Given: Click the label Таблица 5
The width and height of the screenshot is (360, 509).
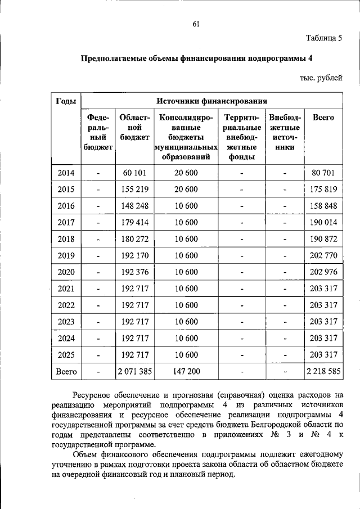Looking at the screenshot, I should coord(324,39).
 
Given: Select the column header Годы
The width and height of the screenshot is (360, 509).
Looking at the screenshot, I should coord(66,101).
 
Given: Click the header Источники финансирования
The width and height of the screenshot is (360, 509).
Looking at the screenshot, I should coord(211,101).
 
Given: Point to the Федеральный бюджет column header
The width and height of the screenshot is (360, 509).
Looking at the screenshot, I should coord(98,133).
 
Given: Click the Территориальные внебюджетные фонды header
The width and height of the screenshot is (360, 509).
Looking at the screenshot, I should coord(242,137).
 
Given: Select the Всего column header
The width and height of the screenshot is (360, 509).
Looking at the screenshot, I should coord(323,118).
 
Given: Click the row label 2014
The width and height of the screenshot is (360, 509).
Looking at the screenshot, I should coord(66,173).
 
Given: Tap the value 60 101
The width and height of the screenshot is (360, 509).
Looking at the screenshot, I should coord(134,173).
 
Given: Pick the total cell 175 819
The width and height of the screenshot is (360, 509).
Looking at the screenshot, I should coord(323,189).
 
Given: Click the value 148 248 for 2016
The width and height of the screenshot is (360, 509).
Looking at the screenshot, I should coord(134,205).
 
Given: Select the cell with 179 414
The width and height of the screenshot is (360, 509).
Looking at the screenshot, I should coord(134,222).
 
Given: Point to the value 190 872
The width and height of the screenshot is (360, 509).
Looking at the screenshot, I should coord(323,238).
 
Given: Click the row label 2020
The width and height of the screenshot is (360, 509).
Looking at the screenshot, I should coord(66,272).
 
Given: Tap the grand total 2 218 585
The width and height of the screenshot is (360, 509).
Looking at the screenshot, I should coord(323,371).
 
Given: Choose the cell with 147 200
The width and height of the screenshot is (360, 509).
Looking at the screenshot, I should coord(186,371).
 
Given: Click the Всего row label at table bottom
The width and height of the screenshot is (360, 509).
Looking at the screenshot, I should coord(66,371).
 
